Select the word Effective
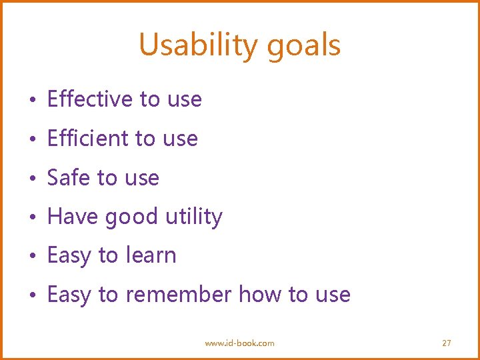click(x=90, y=99)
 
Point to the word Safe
click(x=69, y=178)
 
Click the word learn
click(x=150, y=255)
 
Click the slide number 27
click(x=447, y=343)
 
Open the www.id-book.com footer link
click(x=239, y=343)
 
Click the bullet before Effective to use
click(x=33, y=101)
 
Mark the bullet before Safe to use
click(x=33, y=179)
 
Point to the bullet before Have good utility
click(x=33, y=218)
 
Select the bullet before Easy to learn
click(x=33, y=257)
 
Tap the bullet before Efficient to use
click(x=33, y=140)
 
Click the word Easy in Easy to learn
click(x=69, y=256)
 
